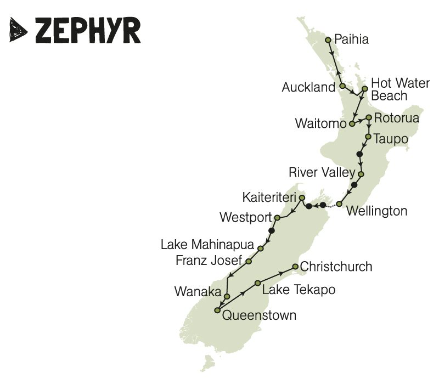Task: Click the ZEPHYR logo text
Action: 88,31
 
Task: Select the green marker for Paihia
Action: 328,40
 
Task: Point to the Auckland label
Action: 308,87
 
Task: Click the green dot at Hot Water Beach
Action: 364,88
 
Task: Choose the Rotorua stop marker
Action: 369,117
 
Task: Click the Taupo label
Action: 391,139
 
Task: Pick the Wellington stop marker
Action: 339,204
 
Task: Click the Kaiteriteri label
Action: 268,197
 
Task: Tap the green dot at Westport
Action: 277,218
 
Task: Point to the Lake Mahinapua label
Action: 208,245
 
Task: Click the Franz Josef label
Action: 209,261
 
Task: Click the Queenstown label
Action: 259,316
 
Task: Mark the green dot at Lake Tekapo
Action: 257,283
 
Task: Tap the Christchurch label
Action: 336,267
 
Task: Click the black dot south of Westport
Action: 272,230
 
